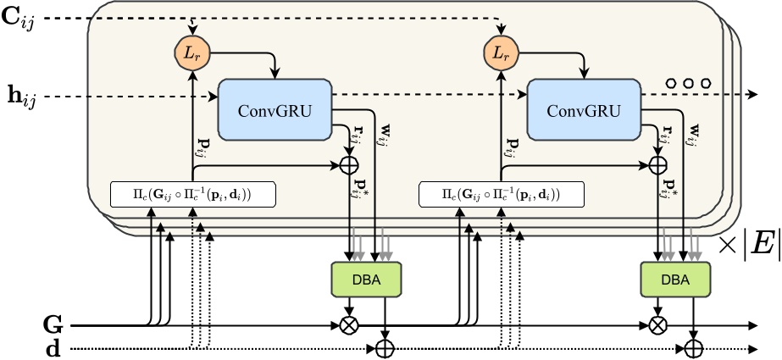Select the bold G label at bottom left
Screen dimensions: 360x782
tap(53, 324)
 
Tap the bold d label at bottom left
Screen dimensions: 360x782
tap(53, 348)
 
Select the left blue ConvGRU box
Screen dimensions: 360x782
tap(275, 111)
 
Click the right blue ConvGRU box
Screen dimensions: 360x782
tap(583, 111)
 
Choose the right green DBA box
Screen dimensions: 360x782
tap(675, 280)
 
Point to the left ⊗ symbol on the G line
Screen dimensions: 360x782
tap(348, 324)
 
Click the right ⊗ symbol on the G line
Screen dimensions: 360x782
tap(657, 324)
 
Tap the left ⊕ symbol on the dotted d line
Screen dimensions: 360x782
tap(385, 348)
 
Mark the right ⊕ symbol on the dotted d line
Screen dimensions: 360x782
tap(694, 348)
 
